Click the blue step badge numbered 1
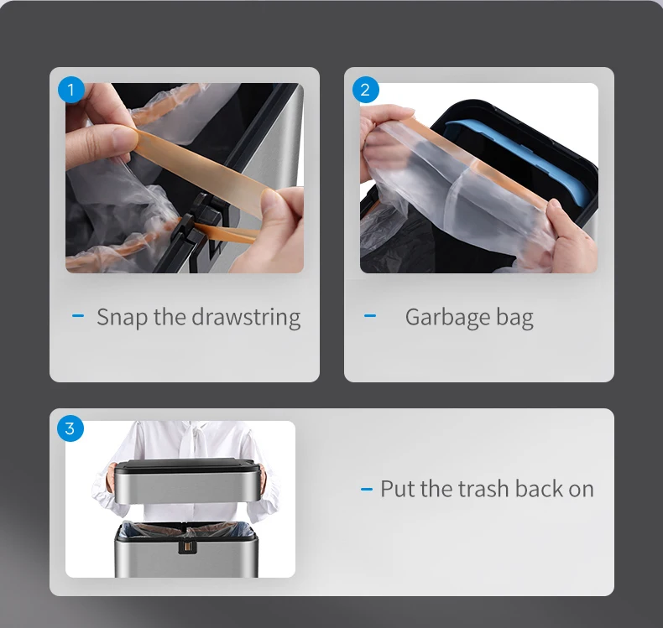(70, 89)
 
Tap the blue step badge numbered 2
(365, 89)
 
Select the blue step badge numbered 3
(70, 428)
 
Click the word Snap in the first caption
(122, 317)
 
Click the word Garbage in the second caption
(446, 317)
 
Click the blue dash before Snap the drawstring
(79, 316)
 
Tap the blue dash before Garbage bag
(370, 316)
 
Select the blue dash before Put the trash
(366, 489)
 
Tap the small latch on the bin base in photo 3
(186, 547)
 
